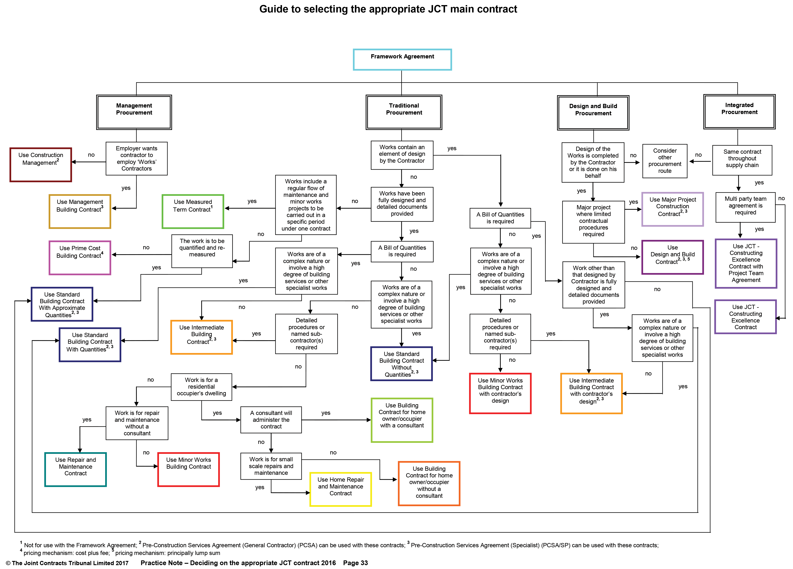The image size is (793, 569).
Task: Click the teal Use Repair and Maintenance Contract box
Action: (x=76, y=469)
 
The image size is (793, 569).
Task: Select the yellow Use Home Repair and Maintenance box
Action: (x=340, y=489)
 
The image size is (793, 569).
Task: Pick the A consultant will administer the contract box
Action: (x=271, y=420)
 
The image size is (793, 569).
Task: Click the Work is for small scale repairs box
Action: (x=271, y=466)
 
